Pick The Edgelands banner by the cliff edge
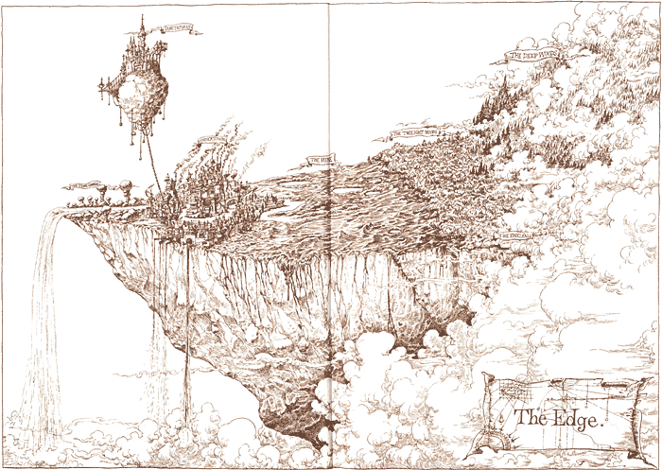point(517,232)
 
